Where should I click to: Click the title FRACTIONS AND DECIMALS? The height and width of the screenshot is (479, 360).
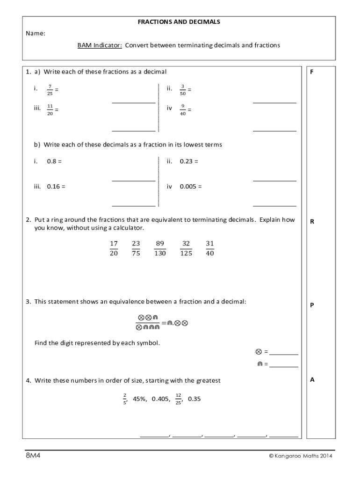pyautogui.click(x=179, y=22)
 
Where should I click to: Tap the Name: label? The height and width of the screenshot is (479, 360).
pyautogui.click(x=36, y=34)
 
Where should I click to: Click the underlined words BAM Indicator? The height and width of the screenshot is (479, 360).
pyautogui.click(x=100, y=45)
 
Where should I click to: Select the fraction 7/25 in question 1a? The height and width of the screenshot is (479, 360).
pyautogui.click(x=50, y=90)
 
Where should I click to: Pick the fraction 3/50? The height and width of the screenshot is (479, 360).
pyautogui.click(x=183, y=90)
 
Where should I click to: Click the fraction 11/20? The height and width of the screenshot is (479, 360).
pyautogui.click(x=50, y=109)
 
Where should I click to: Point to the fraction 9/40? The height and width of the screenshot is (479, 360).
pyautogui.click(x=183, y=109)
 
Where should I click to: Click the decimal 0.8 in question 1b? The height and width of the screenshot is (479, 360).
pyautogui.click(x=52, y=161)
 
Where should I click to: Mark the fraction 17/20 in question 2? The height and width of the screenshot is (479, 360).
pyautogui.click(x=114, y=248)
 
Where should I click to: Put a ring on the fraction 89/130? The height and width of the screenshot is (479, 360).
pyautogui.click(x=160, y=248)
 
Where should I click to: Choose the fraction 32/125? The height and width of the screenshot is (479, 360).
pyautogui.click(x=186, y=248)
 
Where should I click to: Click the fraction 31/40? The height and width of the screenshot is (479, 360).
pyautogui.click(x=209, y=248)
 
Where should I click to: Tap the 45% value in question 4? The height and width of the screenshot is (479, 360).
pyautogui.click(x=140, y=399)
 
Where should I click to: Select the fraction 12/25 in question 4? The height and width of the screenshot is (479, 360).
pyautogui.click(x=178, y=399)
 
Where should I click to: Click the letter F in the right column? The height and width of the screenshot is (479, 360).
pyautogui.click(x=312, y=72)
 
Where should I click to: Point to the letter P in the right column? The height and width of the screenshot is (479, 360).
pyautogui.click(x=312, y=305)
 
